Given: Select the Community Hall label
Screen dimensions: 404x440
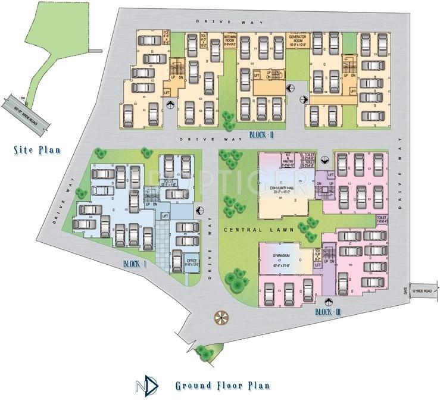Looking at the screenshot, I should tap(282, 189).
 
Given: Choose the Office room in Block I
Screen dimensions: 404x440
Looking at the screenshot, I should tap(192, 262).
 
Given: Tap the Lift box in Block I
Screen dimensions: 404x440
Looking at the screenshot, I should tap(164, 216).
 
